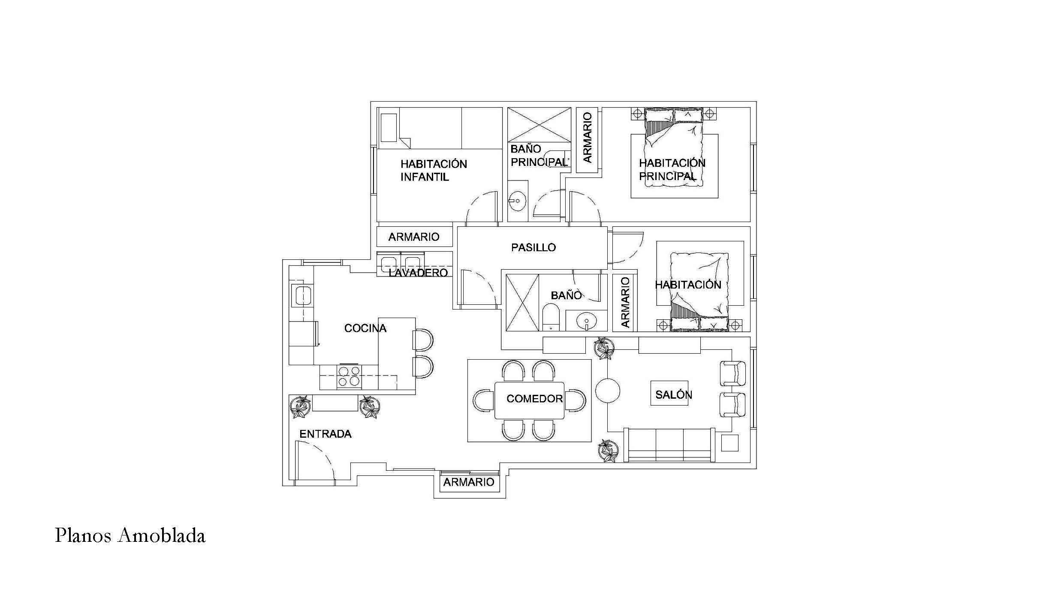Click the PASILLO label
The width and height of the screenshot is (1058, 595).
pyautogui.click(x=533, y=247)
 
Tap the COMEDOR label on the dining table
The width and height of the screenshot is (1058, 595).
pyautogui.click(x=534, y=399)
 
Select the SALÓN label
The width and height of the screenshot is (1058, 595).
pyautogui.click(x=673, y=394)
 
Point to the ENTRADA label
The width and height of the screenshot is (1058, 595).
pyautogui.click(x=325, y=434)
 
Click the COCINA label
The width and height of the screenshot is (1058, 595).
pyautogui.click(x=365, y=328)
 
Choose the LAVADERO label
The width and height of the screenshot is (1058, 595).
pyautogui.click(x=418, y=273)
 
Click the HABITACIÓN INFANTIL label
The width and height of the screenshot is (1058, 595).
pyautogui.click(x=434, y=170)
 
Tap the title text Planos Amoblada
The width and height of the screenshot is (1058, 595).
pyautogui.click(x=130, y=536)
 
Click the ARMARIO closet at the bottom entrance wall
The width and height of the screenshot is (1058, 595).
pyautogui.click(x=469, y=482)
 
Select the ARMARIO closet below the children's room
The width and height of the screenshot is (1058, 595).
pyautogui.click(x=414, y=237)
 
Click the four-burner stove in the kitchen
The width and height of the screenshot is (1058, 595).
pyautogui.click(x=349, y=376)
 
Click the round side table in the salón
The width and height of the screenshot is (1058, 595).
pyautogui.click(x=608, y=391)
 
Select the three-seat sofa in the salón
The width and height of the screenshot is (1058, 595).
pyautogui.click(x=669, y=445)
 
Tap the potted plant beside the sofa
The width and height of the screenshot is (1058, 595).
pyautogui.click(x=608, y=451)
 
